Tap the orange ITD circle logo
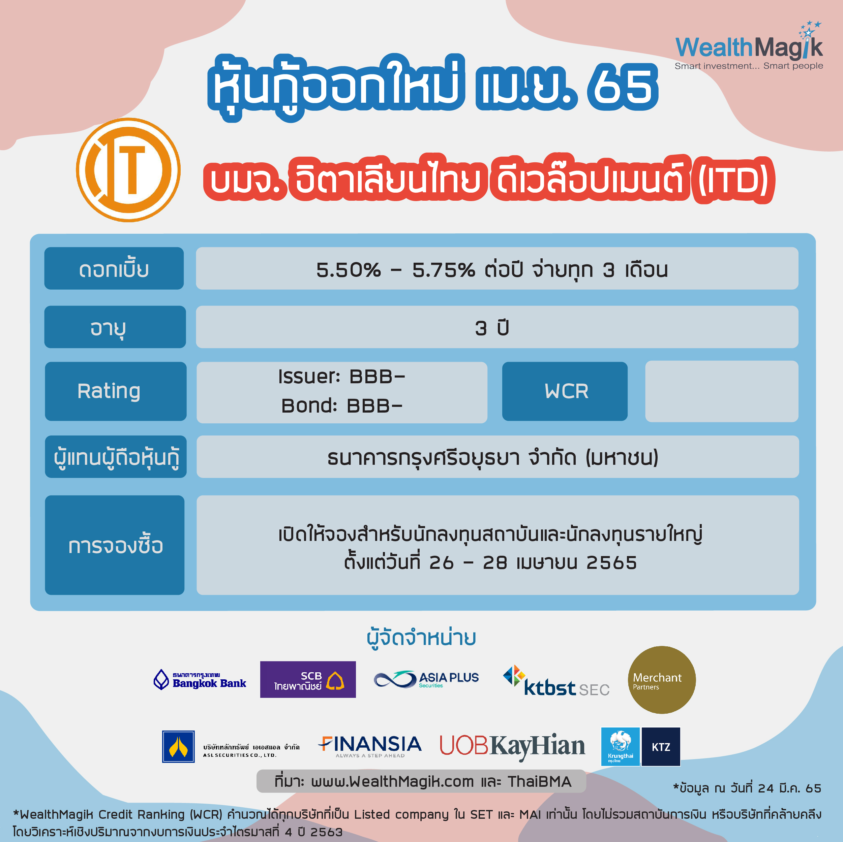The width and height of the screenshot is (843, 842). pos(128,170)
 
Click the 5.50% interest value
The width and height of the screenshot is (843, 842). pos(348,270)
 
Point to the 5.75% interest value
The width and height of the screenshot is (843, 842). pos(443,270)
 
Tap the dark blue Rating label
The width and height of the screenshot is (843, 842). pos(116,391)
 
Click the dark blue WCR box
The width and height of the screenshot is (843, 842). pos(565,391)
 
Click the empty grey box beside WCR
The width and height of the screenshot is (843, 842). pos(722,391)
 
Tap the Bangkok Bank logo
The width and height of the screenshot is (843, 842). pos(200,679)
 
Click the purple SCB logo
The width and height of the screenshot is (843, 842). pos(308,679)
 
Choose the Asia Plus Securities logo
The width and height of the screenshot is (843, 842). pos(426,679)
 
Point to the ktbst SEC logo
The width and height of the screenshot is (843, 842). pos(556,681)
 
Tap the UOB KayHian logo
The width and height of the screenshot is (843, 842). pos(512,746)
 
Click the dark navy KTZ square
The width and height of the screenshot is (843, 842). pos(661,746)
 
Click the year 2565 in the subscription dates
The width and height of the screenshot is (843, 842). pos(611,563)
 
